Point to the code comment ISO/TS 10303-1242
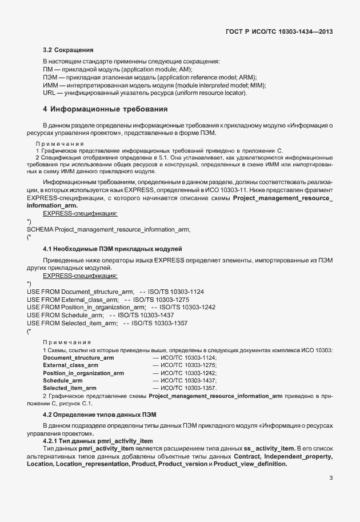(186, 307)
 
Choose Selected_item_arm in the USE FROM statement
(89, 323)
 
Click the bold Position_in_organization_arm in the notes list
(83, 373)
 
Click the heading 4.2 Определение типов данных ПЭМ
(99, 413)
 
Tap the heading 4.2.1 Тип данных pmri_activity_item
(98, 441)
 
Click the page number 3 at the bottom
(331, 479)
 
